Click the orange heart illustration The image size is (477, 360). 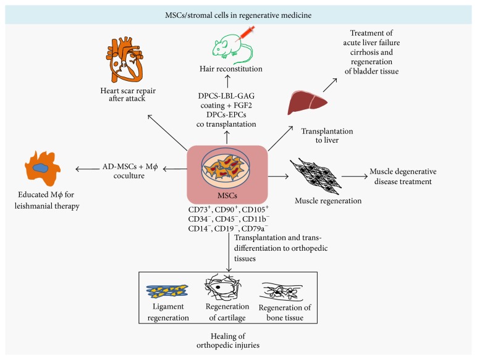point(125,60)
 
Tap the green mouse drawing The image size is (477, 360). point(232,48)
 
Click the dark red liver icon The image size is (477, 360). point(307,103)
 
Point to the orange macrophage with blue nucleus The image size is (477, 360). point(43,168)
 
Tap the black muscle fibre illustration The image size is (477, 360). point(316,176)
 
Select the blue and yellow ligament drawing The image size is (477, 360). point(167,291)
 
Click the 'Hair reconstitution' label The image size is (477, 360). point(231,69)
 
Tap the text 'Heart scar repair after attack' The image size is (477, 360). point(128,94)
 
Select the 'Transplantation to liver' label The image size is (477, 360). point(327,136)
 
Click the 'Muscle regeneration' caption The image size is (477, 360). point(328,201)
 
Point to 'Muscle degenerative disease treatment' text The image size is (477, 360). point(403,177)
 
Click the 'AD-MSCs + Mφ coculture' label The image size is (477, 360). point(130,171)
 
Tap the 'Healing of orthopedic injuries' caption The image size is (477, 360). point(228,340)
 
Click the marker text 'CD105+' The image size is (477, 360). point(255,209)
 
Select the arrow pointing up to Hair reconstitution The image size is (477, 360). point(227,82)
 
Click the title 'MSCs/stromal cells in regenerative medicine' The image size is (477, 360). point(238,15)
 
